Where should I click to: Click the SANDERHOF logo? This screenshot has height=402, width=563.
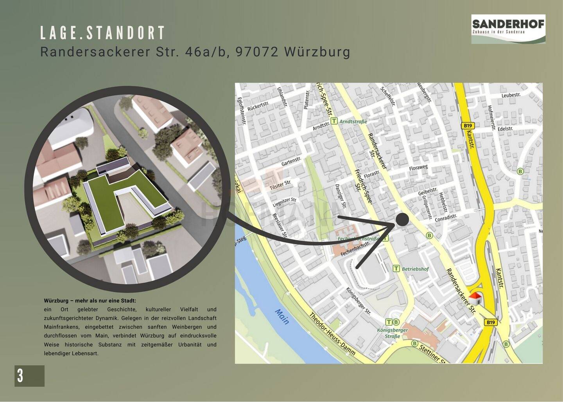(508, 29)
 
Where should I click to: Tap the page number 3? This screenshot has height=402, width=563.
(20, 376)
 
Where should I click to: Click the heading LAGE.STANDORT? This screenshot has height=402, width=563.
(103, 33)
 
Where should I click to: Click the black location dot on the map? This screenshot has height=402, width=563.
(402, 219)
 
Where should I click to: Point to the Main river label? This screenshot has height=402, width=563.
(282, 317)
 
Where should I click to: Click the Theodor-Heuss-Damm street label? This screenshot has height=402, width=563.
(332, 334)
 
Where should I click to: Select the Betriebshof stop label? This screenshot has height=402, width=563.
(415, 269)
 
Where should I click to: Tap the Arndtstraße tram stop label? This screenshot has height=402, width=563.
(353, 121)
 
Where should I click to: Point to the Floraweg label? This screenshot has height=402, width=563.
(418, 169)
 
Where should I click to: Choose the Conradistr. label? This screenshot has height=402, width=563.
(446, 218)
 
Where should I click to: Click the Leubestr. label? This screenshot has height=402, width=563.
(511, 95)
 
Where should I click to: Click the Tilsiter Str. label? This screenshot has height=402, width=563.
(280, 185)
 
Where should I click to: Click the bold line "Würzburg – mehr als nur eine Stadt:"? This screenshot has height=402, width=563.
(90, 301)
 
